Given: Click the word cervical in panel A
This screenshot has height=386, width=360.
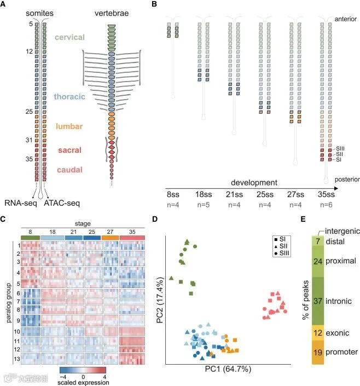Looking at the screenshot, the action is [69, 37].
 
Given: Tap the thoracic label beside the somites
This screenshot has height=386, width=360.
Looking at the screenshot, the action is [69, 96].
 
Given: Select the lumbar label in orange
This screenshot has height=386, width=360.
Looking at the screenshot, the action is [69, 126].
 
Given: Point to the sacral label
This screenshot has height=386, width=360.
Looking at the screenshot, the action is [69, 150].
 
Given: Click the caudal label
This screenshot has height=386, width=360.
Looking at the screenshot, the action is [69, 170].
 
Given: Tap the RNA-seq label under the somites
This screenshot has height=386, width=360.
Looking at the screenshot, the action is [21, 203].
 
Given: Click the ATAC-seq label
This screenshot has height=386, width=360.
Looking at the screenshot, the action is [62, 203].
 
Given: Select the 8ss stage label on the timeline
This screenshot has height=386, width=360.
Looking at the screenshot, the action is [173, 194].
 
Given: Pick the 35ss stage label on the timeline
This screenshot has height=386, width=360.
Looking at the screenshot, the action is [326, 194].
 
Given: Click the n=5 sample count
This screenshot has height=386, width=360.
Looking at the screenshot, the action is [204, 205].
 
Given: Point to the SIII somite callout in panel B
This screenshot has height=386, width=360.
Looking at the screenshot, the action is [340, 148].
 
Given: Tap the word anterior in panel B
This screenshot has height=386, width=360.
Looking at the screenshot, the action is [345, 19].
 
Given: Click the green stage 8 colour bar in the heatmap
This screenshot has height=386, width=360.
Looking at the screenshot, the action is [30, 238].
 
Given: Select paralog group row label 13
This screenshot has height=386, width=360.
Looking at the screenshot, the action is [17, 359].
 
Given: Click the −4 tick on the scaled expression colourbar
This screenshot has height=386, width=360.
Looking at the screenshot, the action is [63, 377].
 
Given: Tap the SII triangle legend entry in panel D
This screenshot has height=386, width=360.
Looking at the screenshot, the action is [281, 246].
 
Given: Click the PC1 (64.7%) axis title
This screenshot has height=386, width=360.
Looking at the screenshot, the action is [228, 369].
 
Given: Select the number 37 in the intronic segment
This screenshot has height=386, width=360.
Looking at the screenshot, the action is [318, 301].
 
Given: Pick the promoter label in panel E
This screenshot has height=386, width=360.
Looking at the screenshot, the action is [341, 352].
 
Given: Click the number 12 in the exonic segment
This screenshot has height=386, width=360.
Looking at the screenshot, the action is [318, 333].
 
